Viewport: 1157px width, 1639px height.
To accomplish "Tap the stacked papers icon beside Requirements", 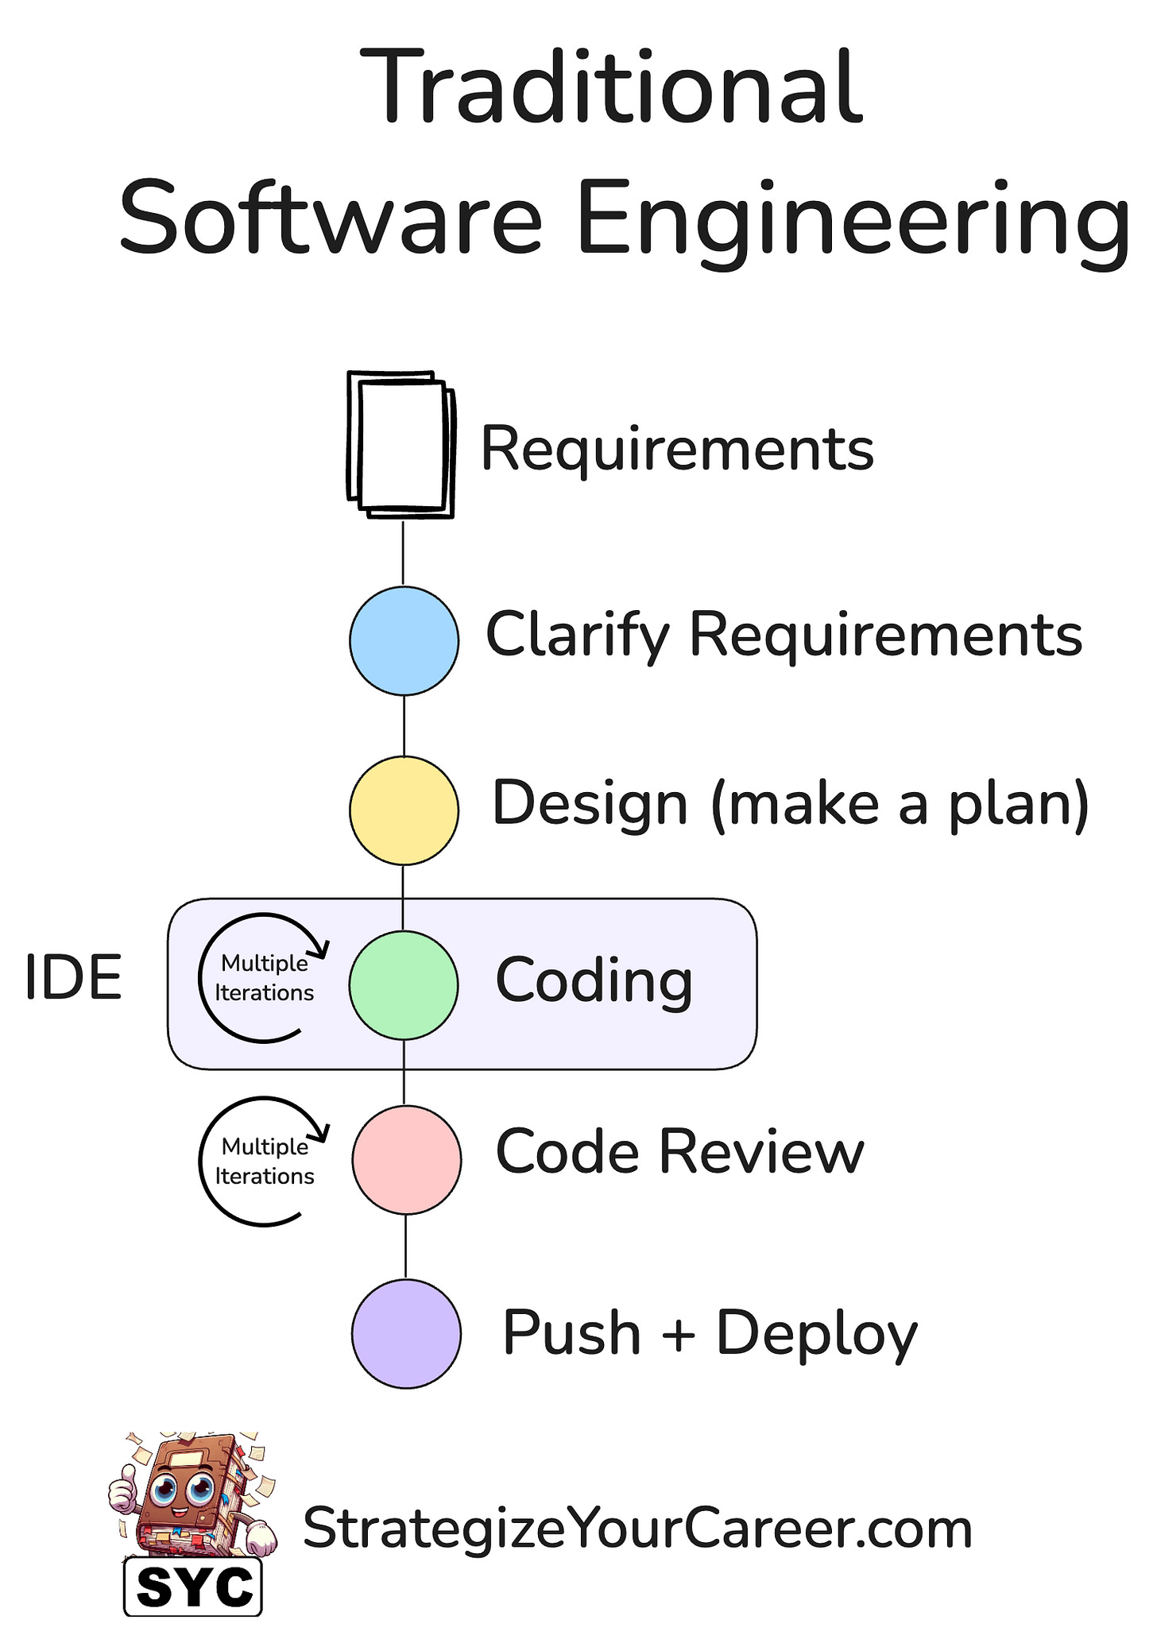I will click(x=401, y=444).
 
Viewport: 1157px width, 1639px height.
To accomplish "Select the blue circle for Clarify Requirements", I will click(x=404, y=640).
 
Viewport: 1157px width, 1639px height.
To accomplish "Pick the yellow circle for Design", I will click(x=404, y=810).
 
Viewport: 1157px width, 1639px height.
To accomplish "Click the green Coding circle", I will click(x=404, y=985).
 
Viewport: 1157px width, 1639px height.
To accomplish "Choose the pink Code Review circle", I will click(x=406, y=1159).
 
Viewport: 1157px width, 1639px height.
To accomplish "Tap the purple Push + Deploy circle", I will click(x=406, y=1333).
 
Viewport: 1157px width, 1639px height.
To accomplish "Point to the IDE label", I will click(x=73, y=978).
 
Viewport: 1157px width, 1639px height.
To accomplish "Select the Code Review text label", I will click(x=679, y=1152).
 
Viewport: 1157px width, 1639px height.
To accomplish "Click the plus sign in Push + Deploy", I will click(x=678, y=1334).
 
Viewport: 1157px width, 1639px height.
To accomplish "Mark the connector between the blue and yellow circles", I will click(x=404, y=725).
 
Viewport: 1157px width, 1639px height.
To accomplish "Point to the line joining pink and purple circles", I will click(x=406, y=1247).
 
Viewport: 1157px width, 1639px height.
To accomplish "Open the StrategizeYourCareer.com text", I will click(x=637, y=1529).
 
